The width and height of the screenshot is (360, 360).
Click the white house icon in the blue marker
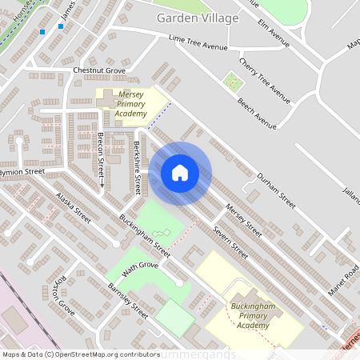(x=180, y=173)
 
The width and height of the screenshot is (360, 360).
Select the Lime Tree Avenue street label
(x=198, y=46)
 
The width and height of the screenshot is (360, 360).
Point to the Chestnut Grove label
(x=99, y=70)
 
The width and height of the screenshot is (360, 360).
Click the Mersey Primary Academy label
(x=131, y=104)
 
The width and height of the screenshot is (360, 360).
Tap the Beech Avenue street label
(x=257, y=114)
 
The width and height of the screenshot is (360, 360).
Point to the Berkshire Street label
(x=138, y=168)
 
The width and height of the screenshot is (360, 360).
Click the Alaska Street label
(x=73, y=206)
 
